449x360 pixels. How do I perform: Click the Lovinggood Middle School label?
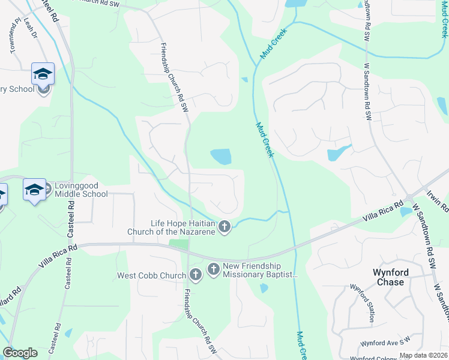(81, 190)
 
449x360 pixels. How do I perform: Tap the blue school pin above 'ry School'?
(43, 74)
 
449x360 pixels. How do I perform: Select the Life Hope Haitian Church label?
(172, 227)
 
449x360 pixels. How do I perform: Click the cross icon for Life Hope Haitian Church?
(224, 227)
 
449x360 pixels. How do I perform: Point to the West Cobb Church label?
(151, 276)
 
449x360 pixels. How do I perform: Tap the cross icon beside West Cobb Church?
(195, 275)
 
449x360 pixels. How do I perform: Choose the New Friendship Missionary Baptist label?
(260, 270)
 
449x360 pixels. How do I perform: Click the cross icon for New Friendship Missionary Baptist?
(213, 269)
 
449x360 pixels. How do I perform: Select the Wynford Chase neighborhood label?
(391, 277)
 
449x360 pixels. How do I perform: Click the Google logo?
(20, 353)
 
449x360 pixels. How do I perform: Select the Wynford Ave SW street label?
(384, 343)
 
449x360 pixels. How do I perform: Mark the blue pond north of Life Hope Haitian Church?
(221, 157)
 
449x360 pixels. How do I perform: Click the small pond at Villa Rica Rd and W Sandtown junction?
(406, 211)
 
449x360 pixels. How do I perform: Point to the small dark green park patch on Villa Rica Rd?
(178, 244)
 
